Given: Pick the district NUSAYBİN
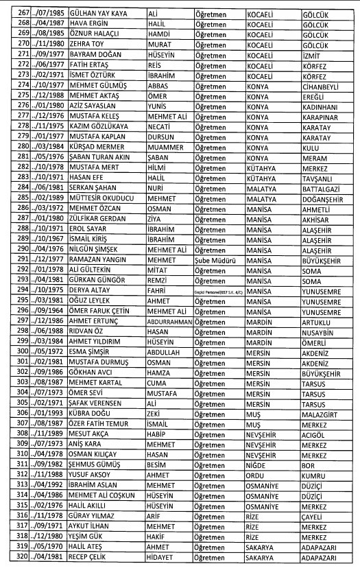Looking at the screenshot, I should pyautogui.click(x=321, y=331).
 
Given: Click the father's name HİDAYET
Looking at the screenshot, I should pyautogui.click(x=164, y=559).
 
